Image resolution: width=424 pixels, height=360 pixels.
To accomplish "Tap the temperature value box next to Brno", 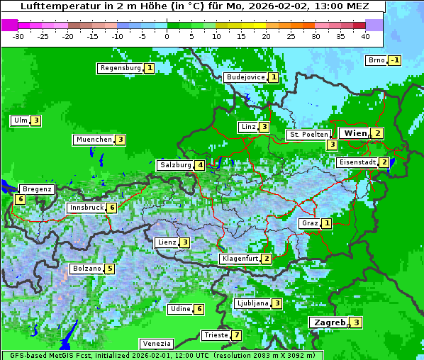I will pyautogui.click(x=395, y=60).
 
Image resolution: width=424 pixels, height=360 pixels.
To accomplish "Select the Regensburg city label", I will pyautogui.click(x=120, y=68).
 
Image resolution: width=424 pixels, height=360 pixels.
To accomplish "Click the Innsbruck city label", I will pyautogui.click(x=86, y=208).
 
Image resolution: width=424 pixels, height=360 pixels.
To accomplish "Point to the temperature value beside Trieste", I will pyautogui.click(x=236, y=335).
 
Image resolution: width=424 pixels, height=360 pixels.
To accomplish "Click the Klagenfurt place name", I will pyautogui.click(x=239, y=259).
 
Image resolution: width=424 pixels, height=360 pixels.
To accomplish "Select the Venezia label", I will pyautogui.click(x=156, y=343).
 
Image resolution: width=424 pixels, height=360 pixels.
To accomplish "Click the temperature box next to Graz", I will pyautogui.click(x=326, y=223).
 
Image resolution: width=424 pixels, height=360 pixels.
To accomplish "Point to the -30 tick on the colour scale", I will pyautogui.click(x=18, y=35).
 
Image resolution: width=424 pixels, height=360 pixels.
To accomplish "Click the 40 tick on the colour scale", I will pyautogui.click(x=365, y=35).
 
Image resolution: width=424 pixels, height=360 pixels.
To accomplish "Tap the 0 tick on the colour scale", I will pyautogui.click(x=167, y=35).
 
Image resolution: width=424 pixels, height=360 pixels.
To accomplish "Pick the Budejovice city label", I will pyautogui.click(x=245, y=77).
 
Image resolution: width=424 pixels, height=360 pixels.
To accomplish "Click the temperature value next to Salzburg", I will pyautogui.click(x=201, y=165).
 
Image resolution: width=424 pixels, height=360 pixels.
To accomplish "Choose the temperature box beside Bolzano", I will pyautogui.click(x=109, y=269).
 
